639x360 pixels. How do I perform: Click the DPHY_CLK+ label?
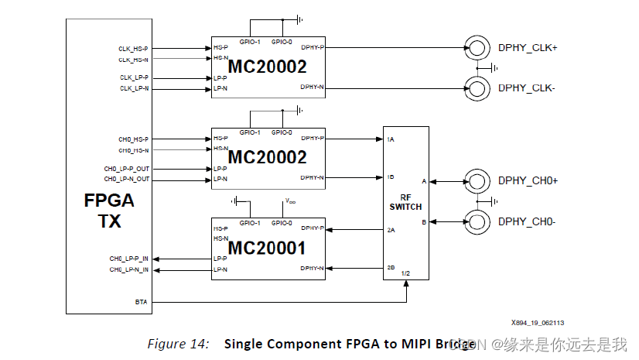point(528,47)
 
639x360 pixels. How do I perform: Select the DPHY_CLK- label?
point(528,87)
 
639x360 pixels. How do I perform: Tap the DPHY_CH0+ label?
point(528,180)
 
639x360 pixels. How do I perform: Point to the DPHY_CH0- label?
point(528,221)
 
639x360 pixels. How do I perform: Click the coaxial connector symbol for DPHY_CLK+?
point(477,47)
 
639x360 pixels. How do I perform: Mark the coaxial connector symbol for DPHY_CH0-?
point(477,221)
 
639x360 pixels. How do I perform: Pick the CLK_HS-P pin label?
point(134,48)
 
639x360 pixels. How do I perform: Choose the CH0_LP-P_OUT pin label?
point(126,168)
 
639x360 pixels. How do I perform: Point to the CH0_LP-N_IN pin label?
point(128,269)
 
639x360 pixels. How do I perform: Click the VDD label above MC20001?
point(289,201)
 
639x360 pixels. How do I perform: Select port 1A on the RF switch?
point(391,139)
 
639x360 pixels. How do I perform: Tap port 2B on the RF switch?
point(391,268)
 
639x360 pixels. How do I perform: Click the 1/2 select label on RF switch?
point(406,273)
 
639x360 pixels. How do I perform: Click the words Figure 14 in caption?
point(178,344)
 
